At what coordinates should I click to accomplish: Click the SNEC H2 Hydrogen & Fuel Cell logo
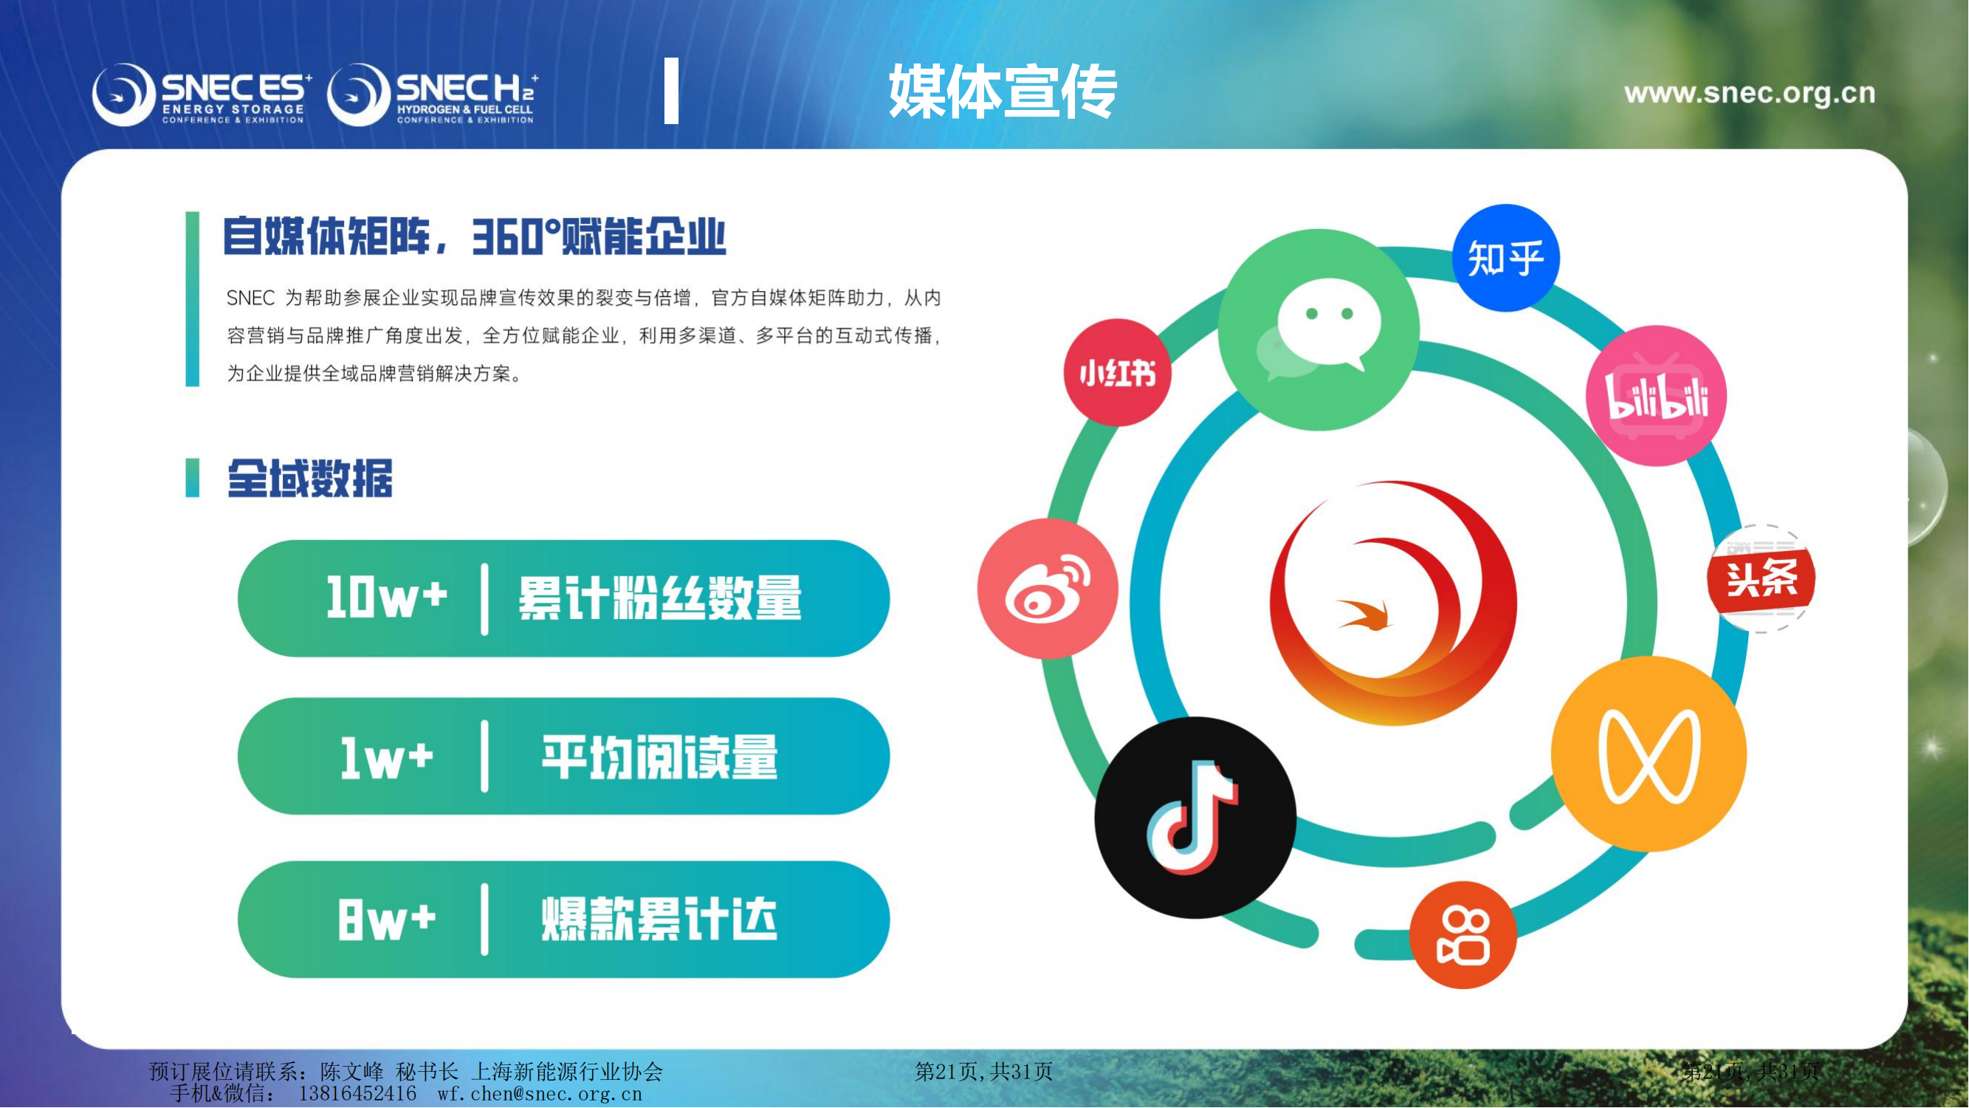(433, 95)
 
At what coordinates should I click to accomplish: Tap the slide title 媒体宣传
(1003, 92)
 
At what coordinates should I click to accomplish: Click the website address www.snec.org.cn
(1750, 93)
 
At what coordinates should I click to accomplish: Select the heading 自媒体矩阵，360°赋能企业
(474, 236)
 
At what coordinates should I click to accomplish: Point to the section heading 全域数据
(310, 479)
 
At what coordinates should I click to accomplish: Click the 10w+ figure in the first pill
(387, 597)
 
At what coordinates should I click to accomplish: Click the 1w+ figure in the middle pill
(387, 758)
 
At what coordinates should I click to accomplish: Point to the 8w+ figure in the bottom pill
(387, 919)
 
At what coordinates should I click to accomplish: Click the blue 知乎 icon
(1506, 258)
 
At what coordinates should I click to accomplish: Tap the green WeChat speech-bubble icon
(1319, 329)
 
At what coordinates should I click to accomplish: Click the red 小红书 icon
(1118, 373)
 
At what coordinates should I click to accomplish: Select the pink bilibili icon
(1657, 396)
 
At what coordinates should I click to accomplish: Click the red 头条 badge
(1761, 579)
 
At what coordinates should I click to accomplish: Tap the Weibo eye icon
(1048, 589)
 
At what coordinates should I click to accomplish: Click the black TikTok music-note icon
(1195, 818)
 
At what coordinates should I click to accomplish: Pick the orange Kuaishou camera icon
(1463, 935)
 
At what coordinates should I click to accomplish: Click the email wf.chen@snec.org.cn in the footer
(540, 1094)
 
